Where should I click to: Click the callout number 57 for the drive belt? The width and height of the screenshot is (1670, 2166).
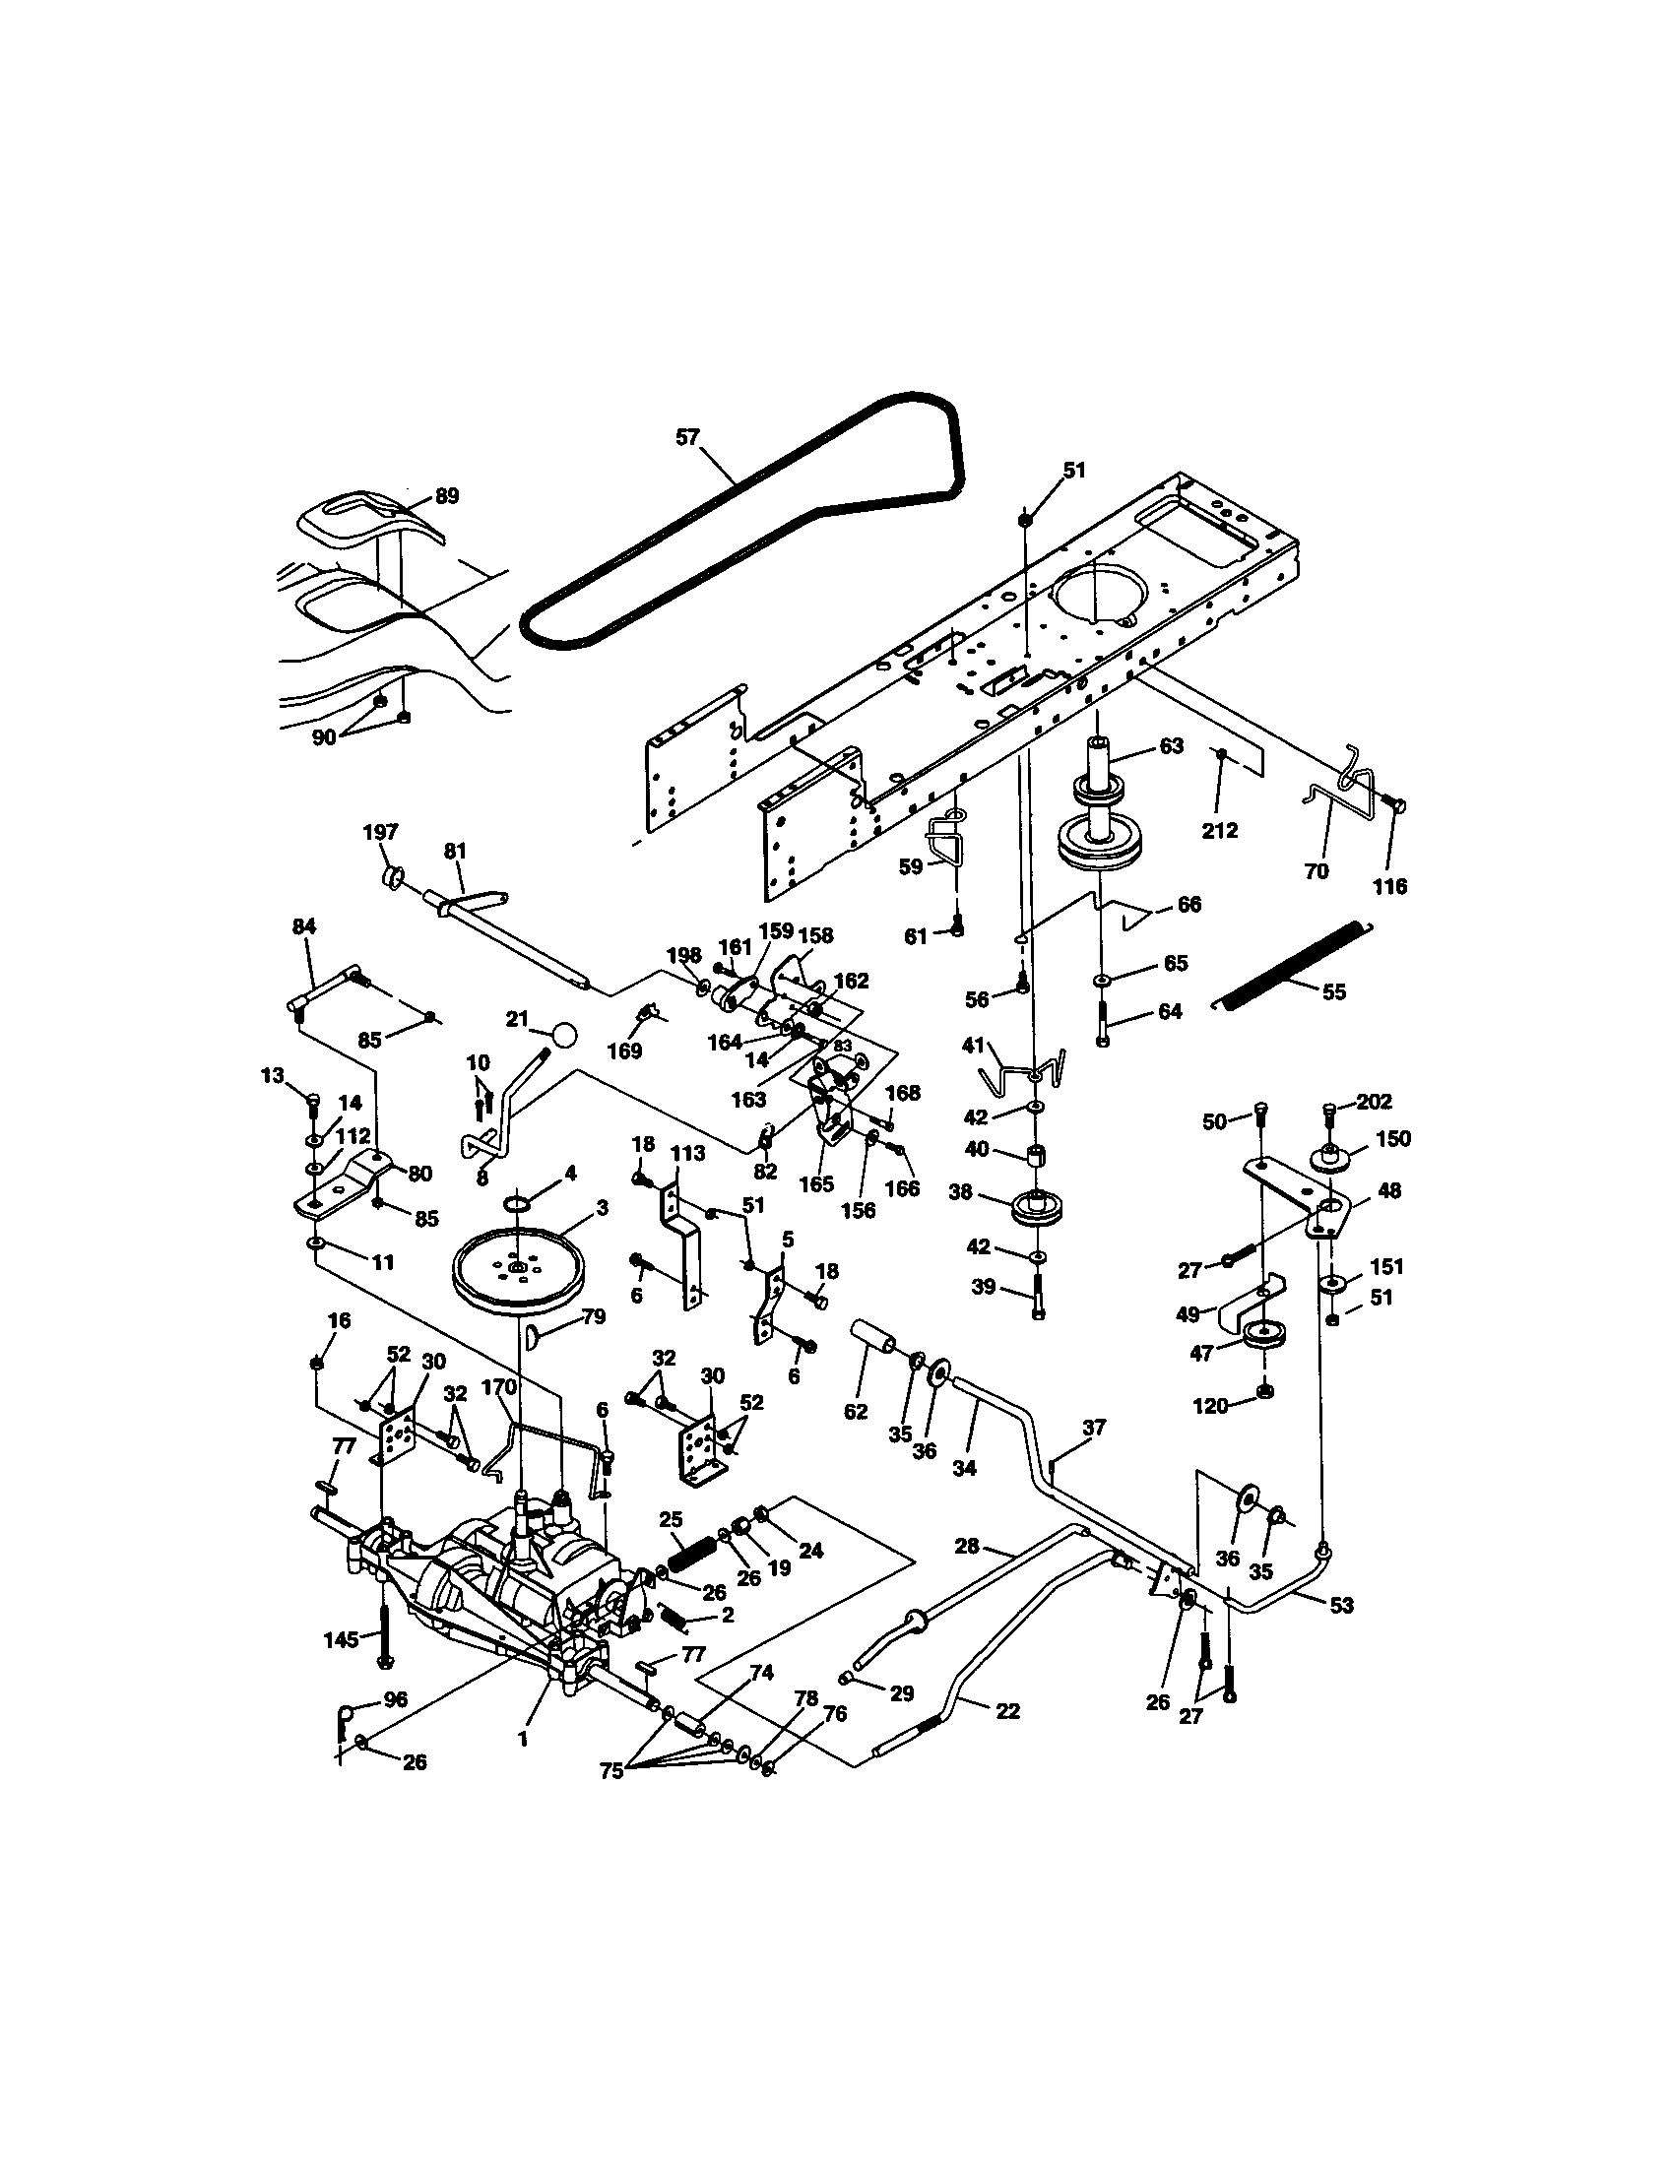click(687, 437)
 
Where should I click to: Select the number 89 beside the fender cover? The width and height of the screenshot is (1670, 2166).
click(447, 496)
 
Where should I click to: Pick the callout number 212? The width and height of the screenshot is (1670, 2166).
click(1219, 830)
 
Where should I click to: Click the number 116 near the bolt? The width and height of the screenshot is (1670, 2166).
click(1389, 886)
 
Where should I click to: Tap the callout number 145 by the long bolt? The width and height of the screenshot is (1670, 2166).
click(341, 1639)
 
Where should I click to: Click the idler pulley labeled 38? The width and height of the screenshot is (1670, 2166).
click(1034, 1211)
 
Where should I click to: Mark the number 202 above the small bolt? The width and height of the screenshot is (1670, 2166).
click(1375, 1101)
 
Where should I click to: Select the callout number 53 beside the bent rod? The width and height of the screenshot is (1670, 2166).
click(1341, 1606)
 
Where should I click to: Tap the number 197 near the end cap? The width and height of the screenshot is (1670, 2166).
click(381, 832)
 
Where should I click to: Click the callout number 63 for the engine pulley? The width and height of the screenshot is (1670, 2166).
click(1171, 746)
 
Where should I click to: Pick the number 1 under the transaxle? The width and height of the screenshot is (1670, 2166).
click(523, 1738)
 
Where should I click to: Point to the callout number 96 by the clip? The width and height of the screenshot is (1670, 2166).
click(395, 1699)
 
